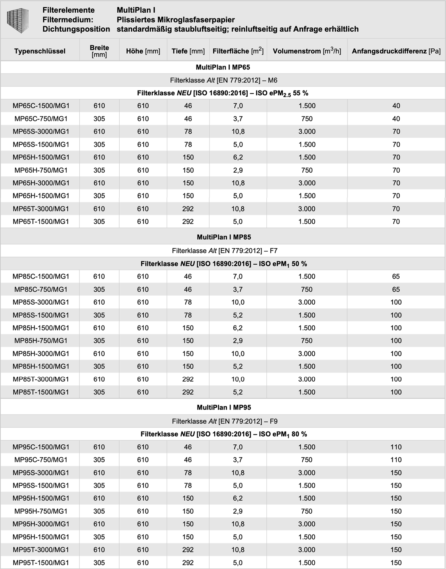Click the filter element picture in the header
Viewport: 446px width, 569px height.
tap(18, 20)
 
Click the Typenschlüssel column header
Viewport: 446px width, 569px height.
tap(40, 51)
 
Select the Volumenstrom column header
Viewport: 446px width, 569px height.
tap(307, 51)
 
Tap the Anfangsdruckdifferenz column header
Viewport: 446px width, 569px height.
tap(396, 51)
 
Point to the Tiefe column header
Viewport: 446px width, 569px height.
tap(188, 51)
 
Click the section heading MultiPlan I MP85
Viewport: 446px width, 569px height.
tap(224, 237)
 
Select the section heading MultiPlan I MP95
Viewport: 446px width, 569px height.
tap(224, 407)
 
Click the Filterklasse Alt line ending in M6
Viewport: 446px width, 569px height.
tap(224, 80)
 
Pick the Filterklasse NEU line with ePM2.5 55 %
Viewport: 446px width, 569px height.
tap(223, 93)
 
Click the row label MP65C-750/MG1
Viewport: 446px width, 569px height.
tap(41, 119)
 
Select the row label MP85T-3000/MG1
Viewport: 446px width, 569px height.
tap(41, 379)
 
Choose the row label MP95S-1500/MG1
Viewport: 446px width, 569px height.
tap(41, 485)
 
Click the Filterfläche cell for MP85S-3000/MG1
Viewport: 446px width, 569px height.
tap(238, 302)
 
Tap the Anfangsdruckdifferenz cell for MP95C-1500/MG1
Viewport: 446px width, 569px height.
tap(396, 447)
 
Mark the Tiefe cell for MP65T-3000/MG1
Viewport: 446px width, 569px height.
tap(188, 209)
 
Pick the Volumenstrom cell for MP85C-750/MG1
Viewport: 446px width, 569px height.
tap(307, 289)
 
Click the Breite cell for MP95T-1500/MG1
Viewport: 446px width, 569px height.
tap(99, 563)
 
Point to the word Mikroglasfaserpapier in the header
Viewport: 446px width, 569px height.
tap(196, 20)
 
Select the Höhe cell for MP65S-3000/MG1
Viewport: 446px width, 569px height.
tap(143, 132)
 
